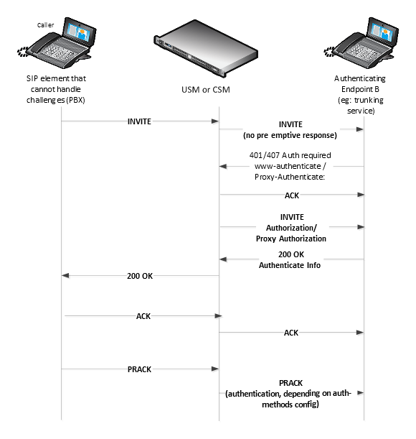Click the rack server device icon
pos(205,48)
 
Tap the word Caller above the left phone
pos(45,25)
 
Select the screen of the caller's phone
pos(79,32)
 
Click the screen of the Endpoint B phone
pos(382,32)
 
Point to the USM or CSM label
pos(206,90)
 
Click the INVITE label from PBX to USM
pos(139,121)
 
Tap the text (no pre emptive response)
pos(290,135)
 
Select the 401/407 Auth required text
pos(290,155)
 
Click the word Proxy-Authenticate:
pos(290,177)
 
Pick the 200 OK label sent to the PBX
pos(140,276)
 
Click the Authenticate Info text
pos(290,265)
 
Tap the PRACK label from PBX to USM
pos(139,369)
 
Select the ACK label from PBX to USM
pos(143,316)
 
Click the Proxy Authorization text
pos(291,239)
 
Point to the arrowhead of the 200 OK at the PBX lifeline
pos(65,276)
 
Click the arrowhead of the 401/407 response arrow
pos(223,166)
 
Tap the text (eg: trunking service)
pos(361,106)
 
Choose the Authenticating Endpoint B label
pos(360,84)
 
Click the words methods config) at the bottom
pos(290,405)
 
